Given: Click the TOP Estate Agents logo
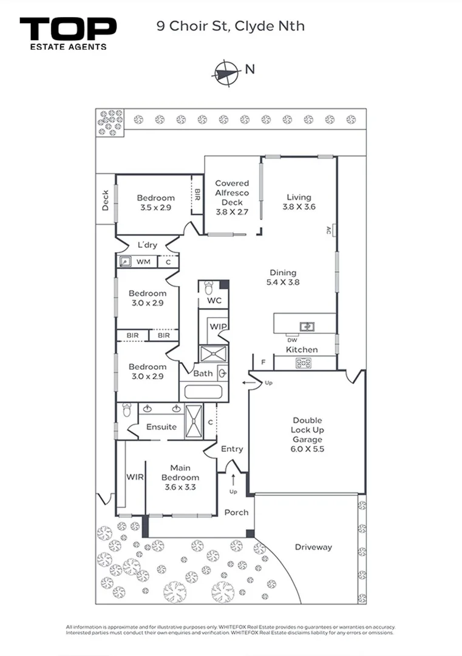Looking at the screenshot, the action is click(68, 34).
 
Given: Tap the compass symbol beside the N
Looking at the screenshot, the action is click(226, 73).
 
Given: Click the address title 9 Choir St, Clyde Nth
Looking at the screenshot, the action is click(230, 26).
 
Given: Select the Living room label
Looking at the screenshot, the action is click(299, 202).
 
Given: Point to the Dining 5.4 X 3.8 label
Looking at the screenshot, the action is click(283, 278).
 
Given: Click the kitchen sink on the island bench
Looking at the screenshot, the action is click(307, 326).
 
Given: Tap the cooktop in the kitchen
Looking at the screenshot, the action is click(304, 363).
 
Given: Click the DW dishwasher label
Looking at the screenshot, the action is click(292, 340).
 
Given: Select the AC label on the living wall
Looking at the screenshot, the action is click(328, 230).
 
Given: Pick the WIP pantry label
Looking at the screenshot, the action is click(218, 326).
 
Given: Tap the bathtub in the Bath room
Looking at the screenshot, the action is click(203, 392).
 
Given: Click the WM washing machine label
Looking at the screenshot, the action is click(143, 262).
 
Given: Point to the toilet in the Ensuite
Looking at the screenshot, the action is click(127, 410).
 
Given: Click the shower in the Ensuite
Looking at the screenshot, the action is click(194, 421).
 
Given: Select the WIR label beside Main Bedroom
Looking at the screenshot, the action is click(135, 477).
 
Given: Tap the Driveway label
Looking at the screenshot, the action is click(313, 547).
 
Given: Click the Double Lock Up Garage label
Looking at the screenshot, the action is click(307, 434).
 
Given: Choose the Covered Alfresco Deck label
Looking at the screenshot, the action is click(232, 197).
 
